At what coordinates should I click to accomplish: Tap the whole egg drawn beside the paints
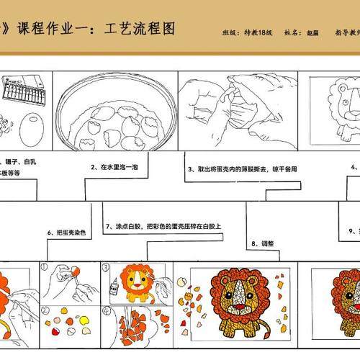coord(32,133)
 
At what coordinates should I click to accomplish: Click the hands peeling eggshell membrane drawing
coord(230,108)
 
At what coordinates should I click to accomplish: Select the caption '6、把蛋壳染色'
coord(66,232)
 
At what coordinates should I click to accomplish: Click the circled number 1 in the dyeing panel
coord(45,268)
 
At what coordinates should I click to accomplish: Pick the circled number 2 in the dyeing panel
coord(45,311)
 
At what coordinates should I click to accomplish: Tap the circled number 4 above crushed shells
coord(105,311)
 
